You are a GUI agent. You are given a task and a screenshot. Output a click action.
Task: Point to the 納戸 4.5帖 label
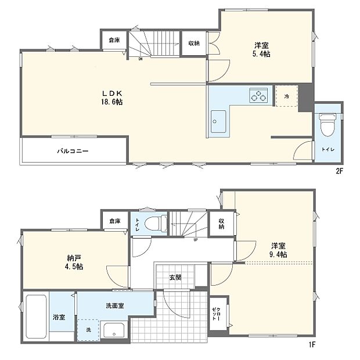pos(74,262)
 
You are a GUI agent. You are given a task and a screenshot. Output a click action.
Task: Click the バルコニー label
pos(73,150)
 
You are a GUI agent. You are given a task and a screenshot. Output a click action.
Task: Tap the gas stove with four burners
pos(259,96)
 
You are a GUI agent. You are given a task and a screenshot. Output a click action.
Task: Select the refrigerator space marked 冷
pos(287,96)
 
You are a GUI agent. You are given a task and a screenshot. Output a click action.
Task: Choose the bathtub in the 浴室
pos(36,319)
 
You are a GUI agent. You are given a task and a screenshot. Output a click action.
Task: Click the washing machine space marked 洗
pos(88,329)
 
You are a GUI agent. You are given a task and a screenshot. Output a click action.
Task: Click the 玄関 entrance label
pos(175,278)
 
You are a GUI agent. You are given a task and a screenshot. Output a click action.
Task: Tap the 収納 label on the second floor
pos(193,44)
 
